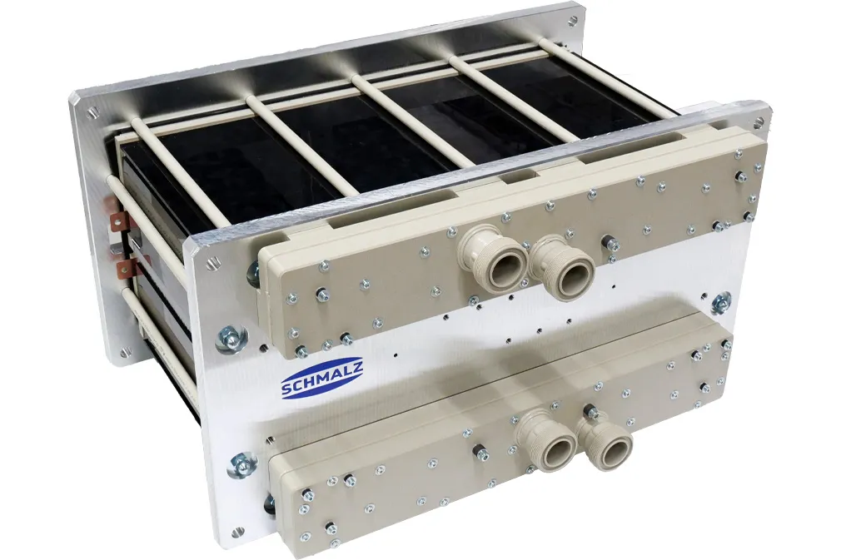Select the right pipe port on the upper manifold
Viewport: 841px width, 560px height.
coord(563,265)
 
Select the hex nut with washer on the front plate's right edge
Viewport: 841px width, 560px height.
coord(721,303)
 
